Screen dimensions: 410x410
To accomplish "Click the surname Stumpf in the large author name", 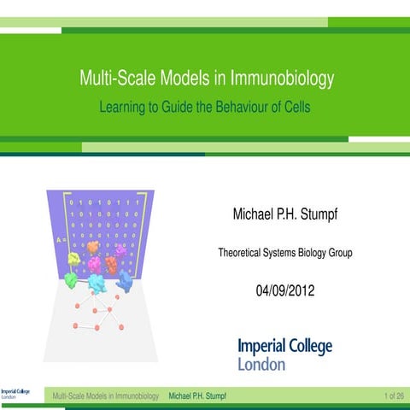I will click(x=318, y=212).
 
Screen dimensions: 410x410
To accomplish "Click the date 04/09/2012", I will click(x=285, y=291).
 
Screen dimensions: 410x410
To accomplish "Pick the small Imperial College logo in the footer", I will click(x=15, y=394).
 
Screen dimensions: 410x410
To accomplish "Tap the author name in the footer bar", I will click(x=198, y=395).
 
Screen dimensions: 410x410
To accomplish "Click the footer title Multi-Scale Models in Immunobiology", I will click(x=106, y=395).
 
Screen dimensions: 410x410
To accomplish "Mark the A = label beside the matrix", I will click(x=60, y=240).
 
